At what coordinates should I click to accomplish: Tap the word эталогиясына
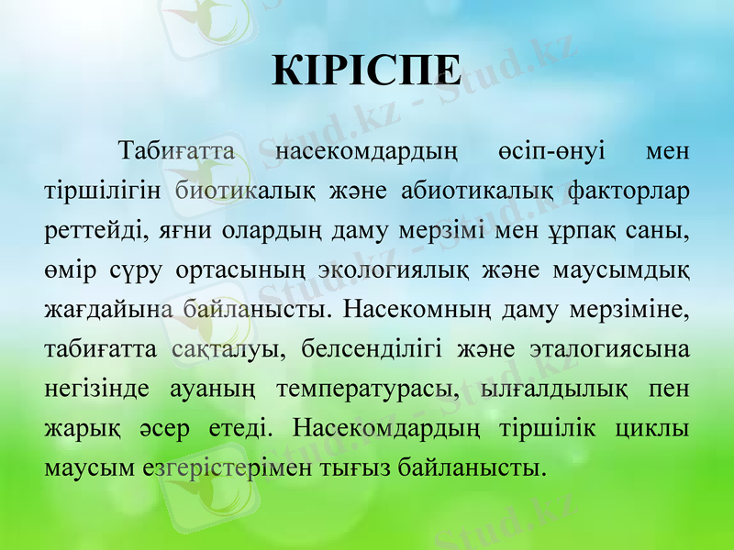point(610,349)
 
